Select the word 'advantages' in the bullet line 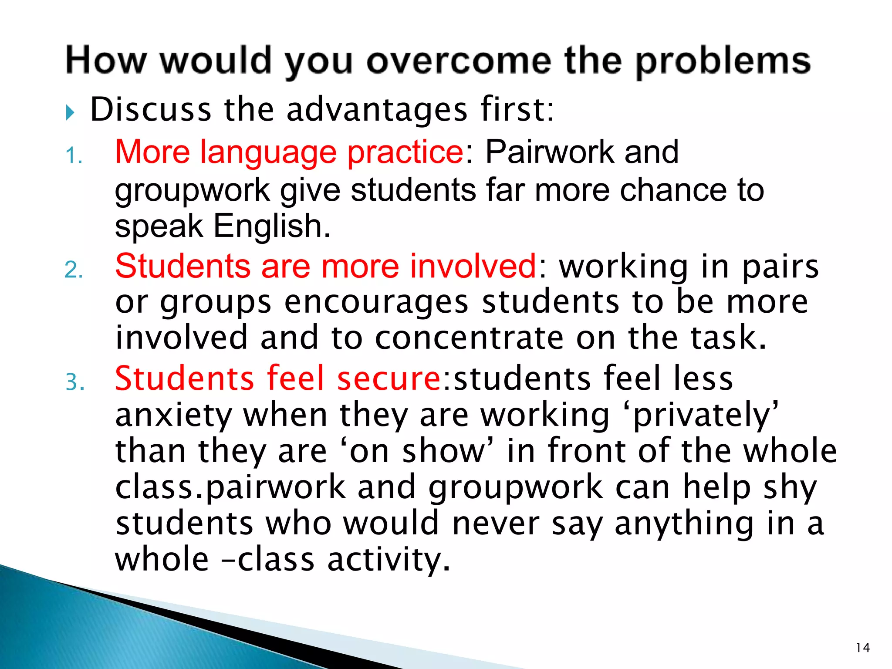pyautogui.click(x=377, y=110)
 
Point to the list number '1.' pyautogui.click(x=74, y=156)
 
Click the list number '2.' pyautogui.click(x=74, y=270)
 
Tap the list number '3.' pyautogui.click(x=75, y=382)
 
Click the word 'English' pyautogui.click(x=272, y=226)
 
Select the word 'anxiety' pyautogui.click(x=174, y=416)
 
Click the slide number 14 pyautogui.click(x=862, y=648)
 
